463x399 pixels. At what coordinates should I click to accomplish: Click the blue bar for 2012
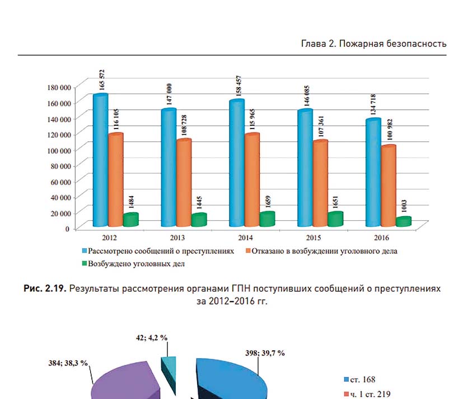(101, 159)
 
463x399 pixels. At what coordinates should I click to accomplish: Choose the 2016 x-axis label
(381, 237)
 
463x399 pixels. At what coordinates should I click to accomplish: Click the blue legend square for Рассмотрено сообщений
(85, 251)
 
